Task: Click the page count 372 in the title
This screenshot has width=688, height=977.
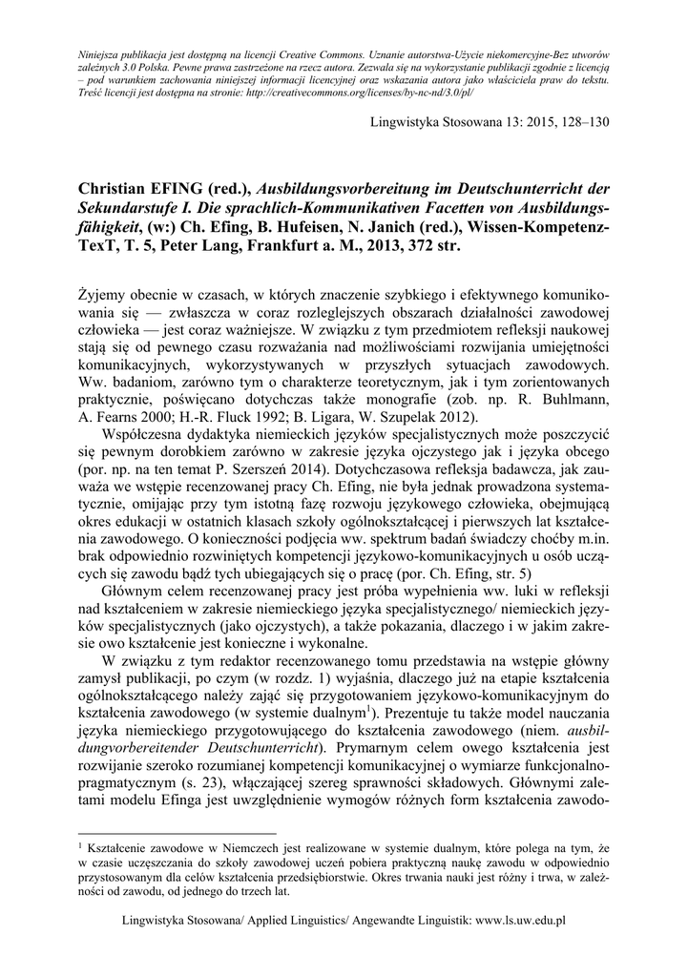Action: click(419, 246)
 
